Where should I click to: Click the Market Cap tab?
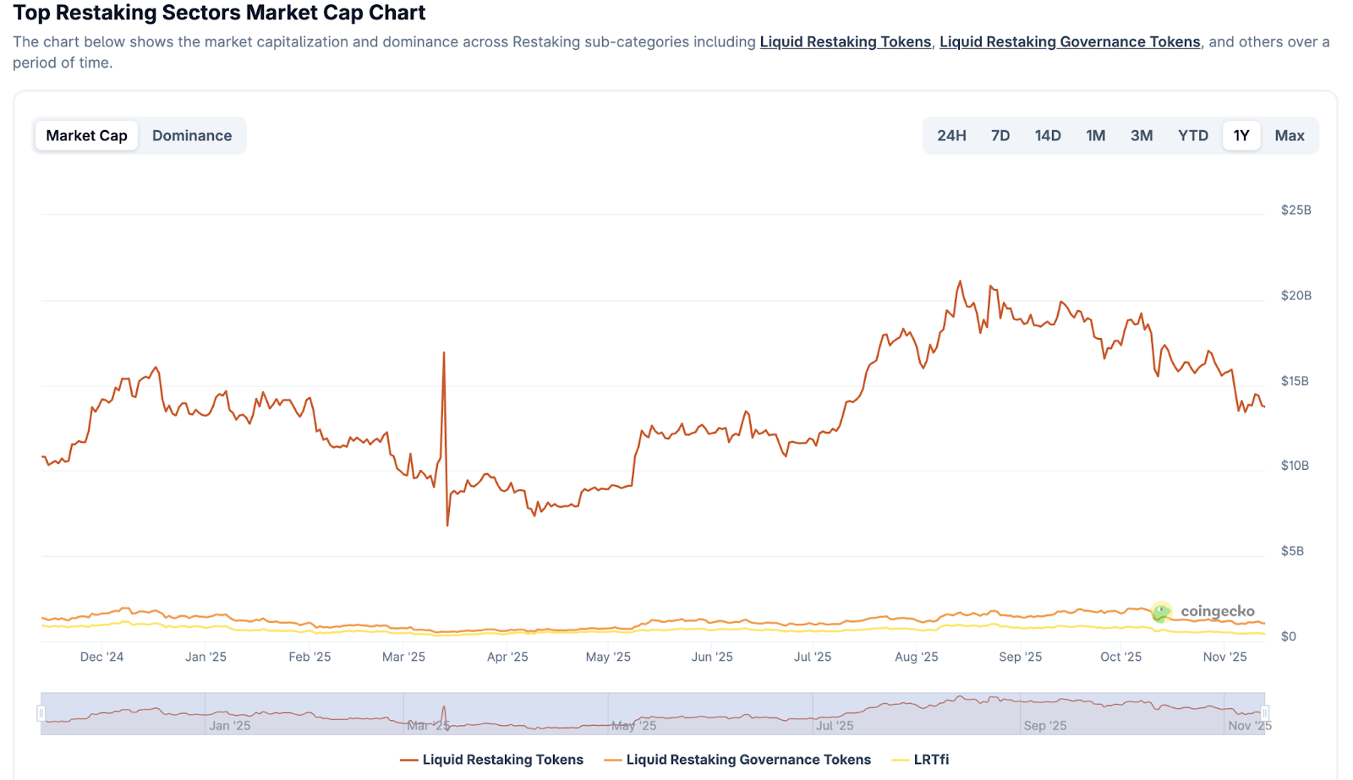86,135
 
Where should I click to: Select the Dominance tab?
192,135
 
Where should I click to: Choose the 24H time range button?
951,135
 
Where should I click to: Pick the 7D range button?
1000,135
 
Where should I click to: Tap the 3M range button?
1142,135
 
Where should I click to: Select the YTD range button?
1193,135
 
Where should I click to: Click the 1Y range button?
1241,135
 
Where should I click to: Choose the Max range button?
1290,135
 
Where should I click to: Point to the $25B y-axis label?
1295,210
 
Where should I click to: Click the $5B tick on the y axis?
1292,551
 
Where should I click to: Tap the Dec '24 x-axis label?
101,657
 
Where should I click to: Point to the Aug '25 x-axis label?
917,657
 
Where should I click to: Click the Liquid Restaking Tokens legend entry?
502,760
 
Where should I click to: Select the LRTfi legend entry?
931,760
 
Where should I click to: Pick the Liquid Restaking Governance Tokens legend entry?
748,760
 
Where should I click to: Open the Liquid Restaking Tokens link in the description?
845,41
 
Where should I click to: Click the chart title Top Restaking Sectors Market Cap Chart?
219,13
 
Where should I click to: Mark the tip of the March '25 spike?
444,352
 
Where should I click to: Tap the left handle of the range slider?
41,713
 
